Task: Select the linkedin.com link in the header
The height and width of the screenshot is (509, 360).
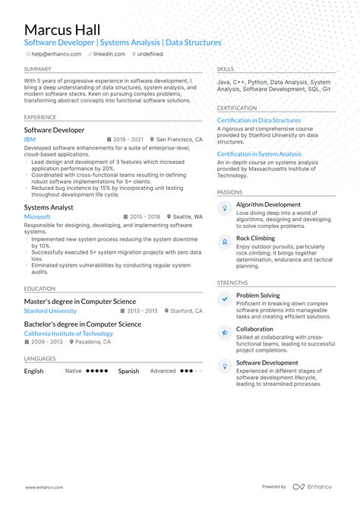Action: coord(109,55)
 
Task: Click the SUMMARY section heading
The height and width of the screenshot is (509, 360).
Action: coord(37,68)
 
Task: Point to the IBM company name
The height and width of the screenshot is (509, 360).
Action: coord(30,140)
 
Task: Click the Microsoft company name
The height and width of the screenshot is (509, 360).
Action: coord(37,217)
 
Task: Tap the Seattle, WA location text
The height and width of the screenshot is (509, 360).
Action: coord(185,217)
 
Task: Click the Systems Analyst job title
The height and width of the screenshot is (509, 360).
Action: coord(48,207)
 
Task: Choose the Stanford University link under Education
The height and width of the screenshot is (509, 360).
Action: coord(50,311)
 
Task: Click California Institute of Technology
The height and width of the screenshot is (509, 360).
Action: coord(68,334)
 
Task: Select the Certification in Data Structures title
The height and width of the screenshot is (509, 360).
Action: coord(258,120)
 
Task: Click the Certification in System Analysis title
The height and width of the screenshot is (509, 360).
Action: coord(259,154)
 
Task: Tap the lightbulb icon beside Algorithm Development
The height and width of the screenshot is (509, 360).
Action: coord(225,208)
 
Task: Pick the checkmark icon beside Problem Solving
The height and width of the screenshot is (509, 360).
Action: coord(225,299)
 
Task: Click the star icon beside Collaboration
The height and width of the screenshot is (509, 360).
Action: coord(225,333)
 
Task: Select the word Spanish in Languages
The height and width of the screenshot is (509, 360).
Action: coord(128,371)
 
